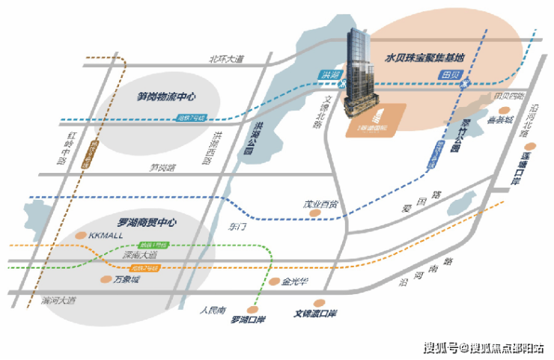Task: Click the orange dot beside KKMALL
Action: [x=84, y=235]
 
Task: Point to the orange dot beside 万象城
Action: [x=106, y=279]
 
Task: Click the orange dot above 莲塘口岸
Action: [x=532, y=146]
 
